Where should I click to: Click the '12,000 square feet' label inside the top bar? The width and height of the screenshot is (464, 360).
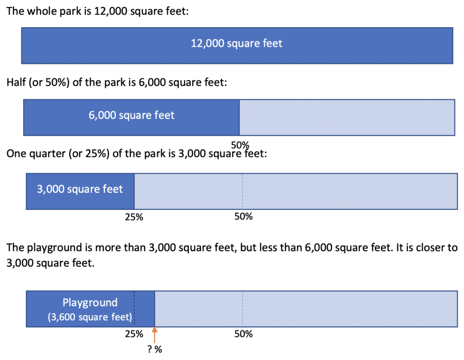tap(237, 44)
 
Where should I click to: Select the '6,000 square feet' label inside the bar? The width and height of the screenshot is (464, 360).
tap(131, 115)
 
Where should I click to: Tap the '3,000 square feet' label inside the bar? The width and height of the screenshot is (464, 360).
tap(80, 189)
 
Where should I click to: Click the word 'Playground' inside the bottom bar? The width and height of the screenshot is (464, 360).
tap(90, 302)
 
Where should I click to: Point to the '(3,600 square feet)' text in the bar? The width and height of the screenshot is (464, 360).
tap(90, 317)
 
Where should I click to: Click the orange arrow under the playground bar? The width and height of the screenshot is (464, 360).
tap(155, 335)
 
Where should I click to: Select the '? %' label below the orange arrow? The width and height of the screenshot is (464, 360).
tap(155, 350)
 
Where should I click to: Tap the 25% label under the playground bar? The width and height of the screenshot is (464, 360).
tap(134, 334)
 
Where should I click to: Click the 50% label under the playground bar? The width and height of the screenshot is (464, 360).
tap(243, 334)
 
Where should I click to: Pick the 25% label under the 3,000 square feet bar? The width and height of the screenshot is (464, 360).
tap(134, 217)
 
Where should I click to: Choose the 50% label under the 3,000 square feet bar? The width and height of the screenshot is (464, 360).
tap(243, 217)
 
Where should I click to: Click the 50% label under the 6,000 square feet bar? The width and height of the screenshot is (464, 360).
tap(240, 145)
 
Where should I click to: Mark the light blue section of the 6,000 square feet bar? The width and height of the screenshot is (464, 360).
tap(347, 117)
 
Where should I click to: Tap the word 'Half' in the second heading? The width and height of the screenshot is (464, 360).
tap(16, 83)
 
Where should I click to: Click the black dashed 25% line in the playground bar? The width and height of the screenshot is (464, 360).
tap(134, 309)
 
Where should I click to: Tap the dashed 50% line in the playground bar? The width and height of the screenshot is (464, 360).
tap(243, 309)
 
